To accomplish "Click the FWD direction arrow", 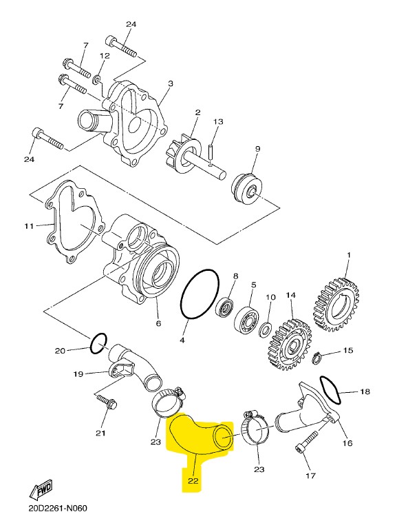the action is tap(41, 490).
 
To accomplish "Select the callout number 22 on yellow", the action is tap(193, 481).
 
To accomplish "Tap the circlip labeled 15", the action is tap(316, 358).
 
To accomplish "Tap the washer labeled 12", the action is tap(97, 80).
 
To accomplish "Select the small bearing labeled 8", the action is tap(225, 307).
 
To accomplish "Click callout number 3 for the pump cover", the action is tap(171, 83).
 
